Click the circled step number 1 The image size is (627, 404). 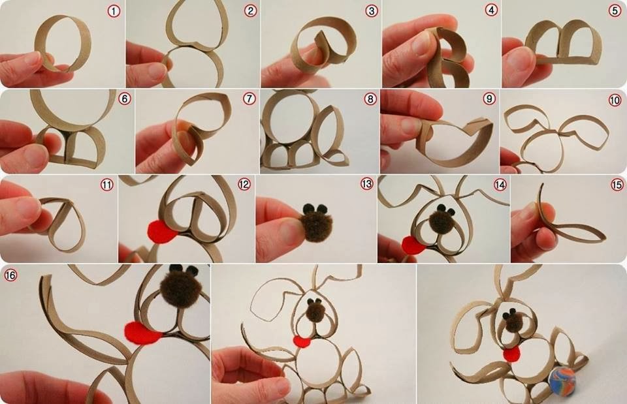(114, 11)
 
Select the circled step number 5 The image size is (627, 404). (615, 11)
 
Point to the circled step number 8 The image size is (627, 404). (370, 99)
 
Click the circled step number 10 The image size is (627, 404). (615, 100)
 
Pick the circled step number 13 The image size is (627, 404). (366, 184)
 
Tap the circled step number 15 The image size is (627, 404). (617, 185)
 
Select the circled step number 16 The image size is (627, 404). (10, 275)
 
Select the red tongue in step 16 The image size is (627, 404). (143, 332)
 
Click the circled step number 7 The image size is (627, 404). (249, 99)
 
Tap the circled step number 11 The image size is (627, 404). (106, 185)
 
